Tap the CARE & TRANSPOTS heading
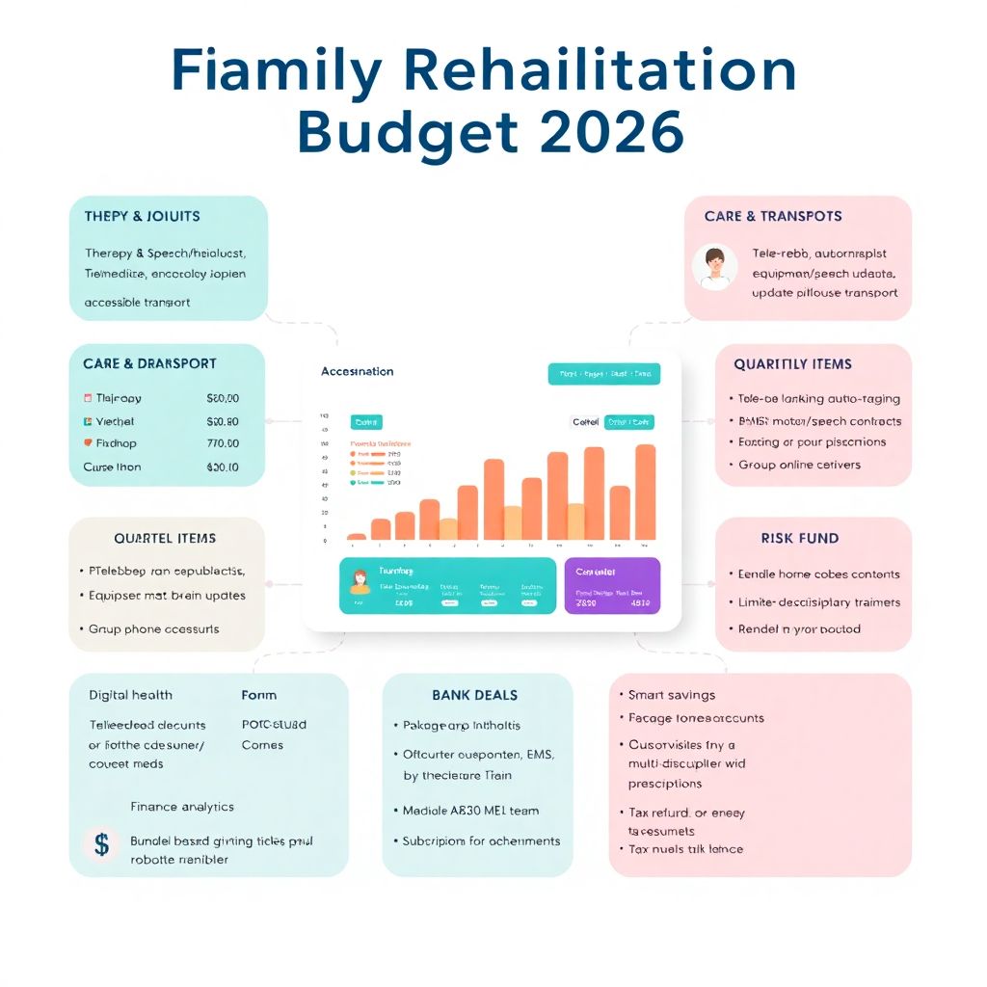[773, 216]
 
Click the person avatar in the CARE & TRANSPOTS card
[714, 267]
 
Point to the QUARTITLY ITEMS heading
[792, 364]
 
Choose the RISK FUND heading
[799, 538]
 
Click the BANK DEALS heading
[475, 695]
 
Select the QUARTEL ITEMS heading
[165, 538]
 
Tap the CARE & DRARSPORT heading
[149, 363]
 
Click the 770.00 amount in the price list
[223, 443]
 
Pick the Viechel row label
[115, 421]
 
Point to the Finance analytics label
[182, 807]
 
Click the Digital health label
[130, 695]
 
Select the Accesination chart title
[357, 371]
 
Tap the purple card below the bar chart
[612, 585]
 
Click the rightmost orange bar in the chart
[645, 492]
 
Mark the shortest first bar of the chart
[357, 536]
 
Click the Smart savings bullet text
[671, 694]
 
